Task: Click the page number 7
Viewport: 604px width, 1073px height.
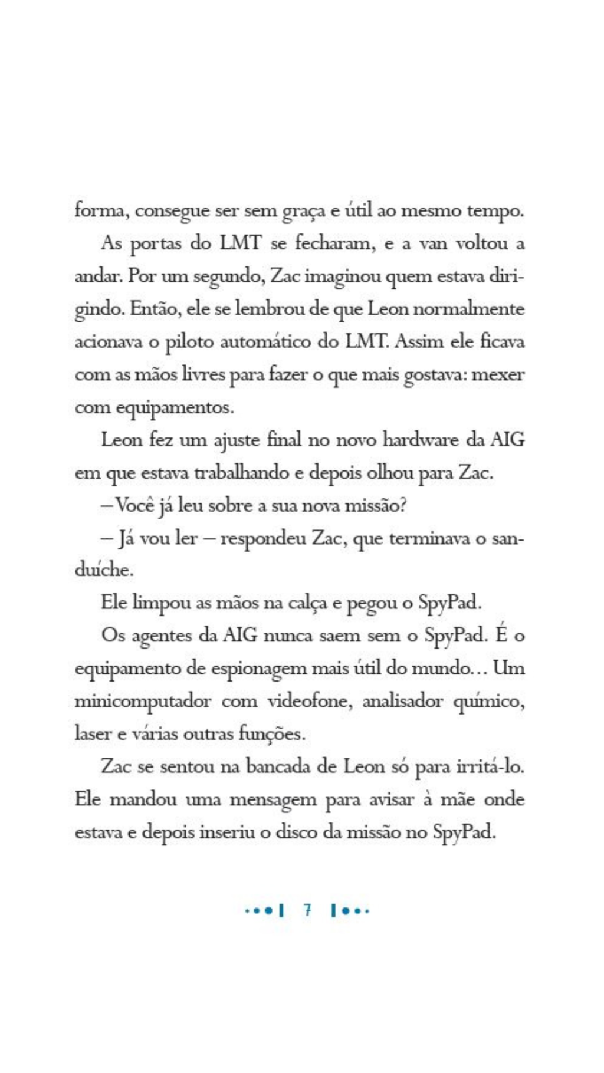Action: pyautogui.click(x=307, y=910)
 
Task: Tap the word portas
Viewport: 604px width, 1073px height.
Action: pyautogui.click(x=156, y=244)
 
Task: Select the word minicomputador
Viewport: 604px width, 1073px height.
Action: pyautogui.click(x=143, y=702)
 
